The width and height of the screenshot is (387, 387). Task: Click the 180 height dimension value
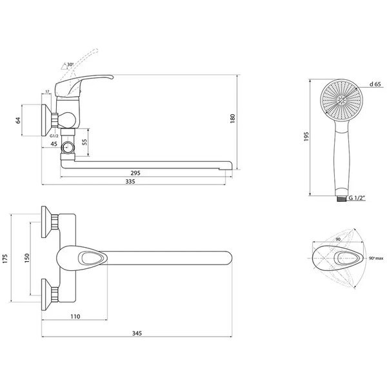(232, 119)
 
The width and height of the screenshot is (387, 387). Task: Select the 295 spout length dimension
(135, 173)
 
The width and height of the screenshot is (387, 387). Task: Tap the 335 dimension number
(130, 182)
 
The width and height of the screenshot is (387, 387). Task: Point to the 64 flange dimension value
(18, 121)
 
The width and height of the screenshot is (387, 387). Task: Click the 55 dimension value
(84, 142)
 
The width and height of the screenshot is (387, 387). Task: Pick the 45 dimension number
(54, 144)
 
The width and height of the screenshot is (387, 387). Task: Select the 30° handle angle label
(70, 64)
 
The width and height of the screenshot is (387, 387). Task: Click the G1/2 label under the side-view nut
(54, 136)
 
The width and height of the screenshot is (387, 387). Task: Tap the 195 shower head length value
(306, 137)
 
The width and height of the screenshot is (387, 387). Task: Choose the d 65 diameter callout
(375, 84)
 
